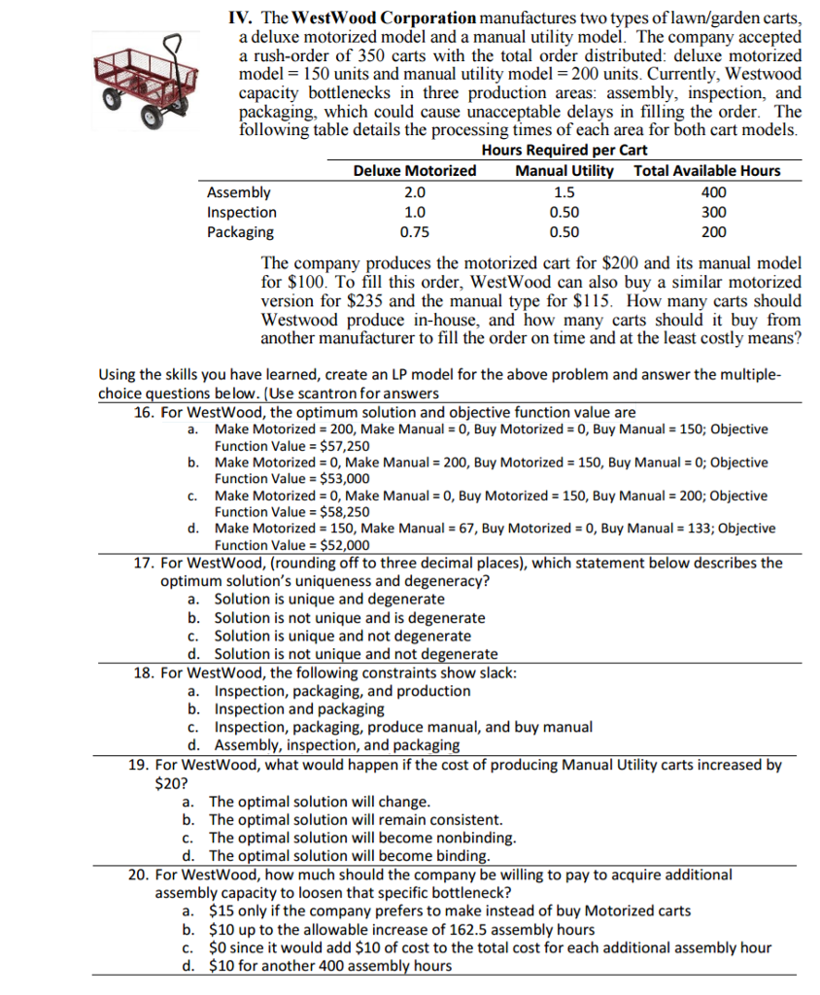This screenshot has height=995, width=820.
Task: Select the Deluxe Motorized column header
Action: (415, 171)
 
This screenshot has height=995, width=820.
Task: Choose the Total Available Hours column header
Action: (706, 171)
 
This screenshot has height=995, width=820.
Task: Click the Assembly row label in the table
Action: (239, 192)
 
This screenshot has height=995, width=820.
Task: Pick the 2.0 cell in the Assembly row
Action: (415, 192)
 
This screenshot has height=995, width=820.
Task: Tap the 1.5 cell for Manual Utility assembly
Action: (564, 192)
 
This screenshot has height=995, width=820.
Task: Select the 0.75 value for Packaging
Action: (415, 232)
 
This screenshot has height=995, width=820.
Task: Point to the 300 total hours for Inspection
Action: (713, 213)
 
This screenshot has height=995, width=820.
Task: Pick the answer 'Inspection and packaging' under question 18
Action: (299, 708)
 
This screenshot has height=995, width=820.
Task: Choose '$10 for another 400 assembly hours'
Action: (330, 965)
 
